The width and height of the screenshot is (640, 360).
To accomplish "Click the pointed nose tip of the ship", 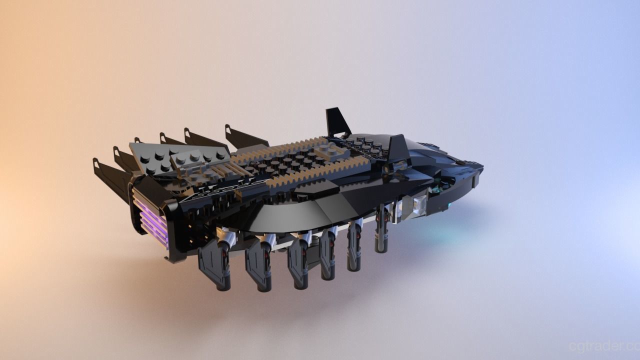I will (x=481, y=166).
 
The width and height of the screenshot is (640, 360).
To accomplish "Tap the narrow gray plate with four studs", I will (x=200, y=157).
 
